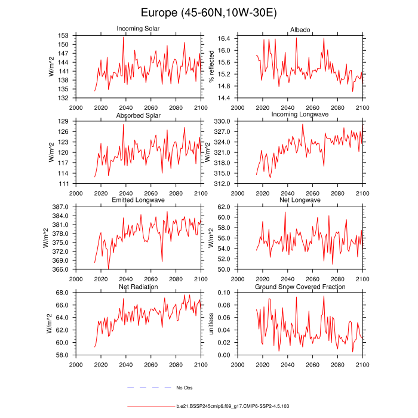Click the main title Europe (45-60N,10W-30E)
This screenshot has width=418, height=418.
click(209, 13)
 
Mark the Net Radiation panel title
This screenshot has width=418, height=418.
click(138, 287)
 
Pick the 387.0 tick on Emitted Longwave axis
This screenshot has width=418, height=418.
click(62, 207)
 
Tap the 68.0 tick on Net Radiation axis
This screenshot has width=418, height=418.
click(63, 293)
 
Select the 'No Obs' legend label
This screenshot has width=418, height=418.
click(185, 388)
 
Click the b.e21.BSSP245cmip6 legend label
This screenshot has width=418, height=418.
click(233, 406)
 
